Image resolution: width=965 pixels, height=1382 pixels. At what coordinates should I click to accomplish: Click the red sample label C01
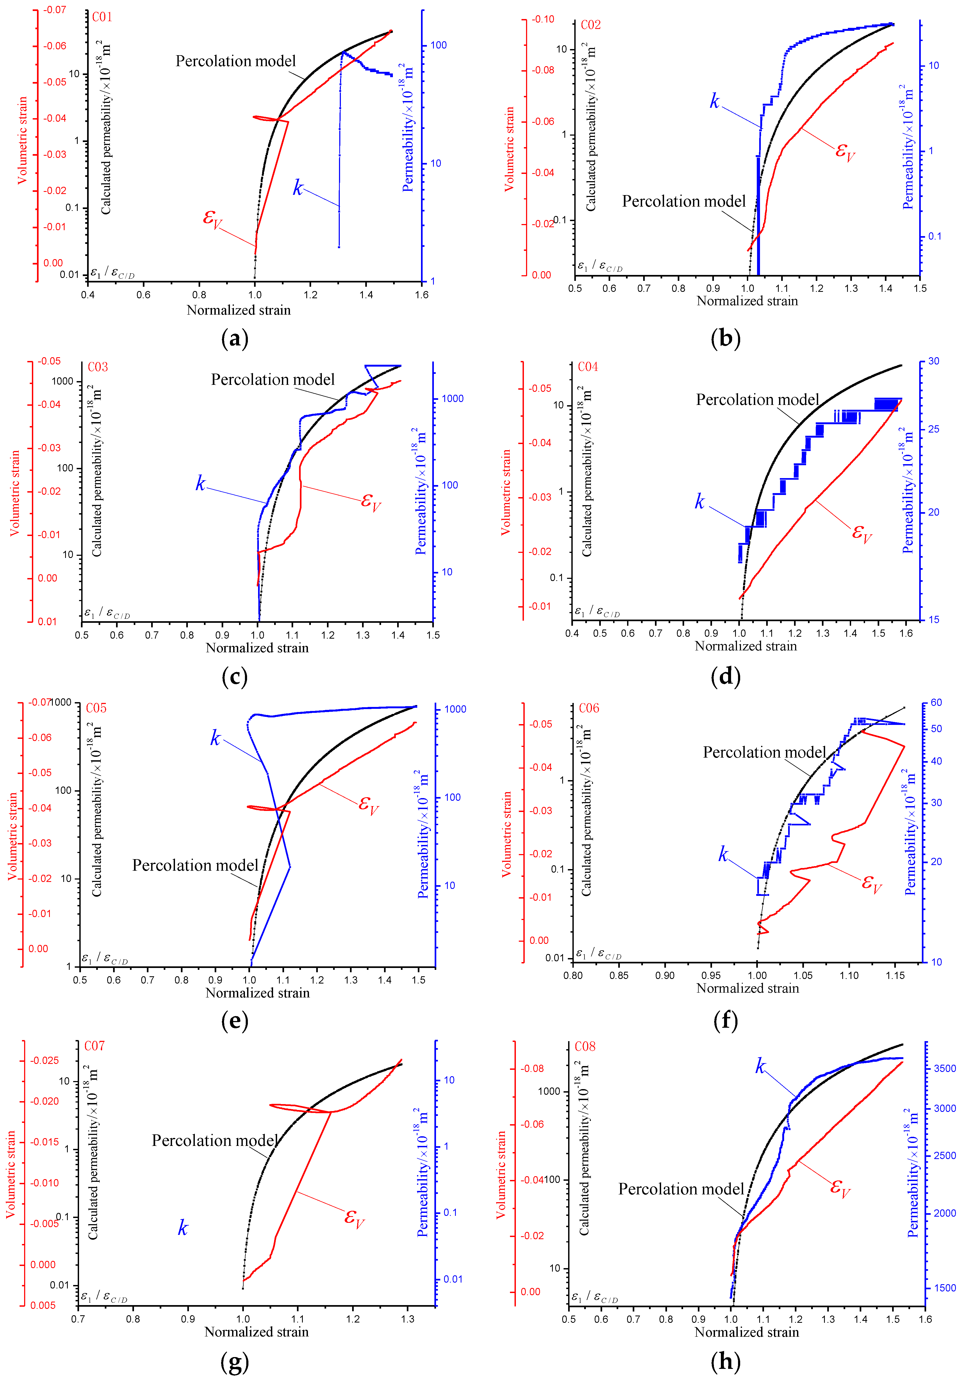tap(102, 17)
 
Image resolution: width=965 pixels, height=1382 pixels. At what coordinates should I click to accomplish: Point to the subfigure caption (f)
tap(725, 1020)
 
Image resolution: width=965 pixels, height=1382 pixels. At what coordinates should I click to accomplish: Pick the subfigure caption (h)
tap(725, 1362)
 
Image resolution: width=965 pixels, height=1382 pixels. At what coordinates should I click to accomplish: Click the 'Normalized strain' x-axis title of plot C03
tap(257, 648)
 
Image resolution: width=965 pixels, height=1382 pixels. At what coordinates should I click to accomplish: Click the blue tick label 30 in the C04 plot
tap(933, 361)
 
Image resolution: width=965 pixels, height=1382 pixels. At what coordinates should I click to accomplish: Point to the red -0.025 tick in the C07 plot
tap(44, 1060)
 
